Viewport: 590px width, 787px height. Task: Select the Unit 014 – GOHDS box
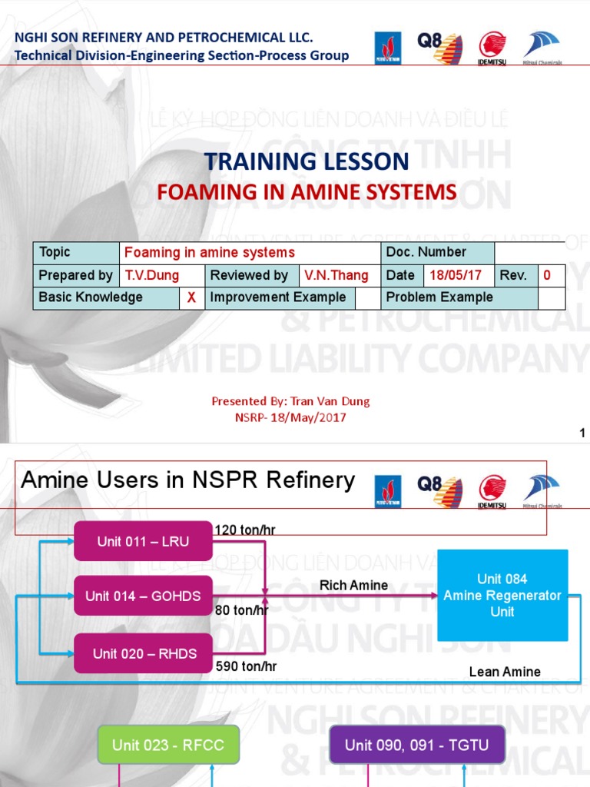tap(143, 596)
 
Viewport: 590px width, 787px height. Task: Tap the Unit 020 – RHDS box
tap(144, 654)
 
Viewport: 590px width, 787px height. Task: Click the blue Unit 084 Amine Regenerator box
tap(502, 596)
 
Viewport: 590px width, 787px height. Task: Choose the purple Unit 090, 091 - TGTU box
tap(416, 745)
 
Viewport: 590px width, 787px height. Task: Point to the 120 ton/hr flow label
tap(245, 530)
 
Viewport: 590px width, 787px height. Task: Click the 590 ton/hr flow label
tap(246, 666)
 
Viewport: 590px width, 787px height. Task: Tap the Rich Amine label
tap(353, 586)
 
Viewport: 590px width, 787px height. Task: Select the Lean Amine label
tap(505, 672)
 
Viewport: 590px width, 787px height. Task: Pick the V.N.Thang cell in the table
tap(336, 275)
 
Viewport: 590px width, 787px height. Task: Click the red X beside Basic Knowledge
tap(192, 297)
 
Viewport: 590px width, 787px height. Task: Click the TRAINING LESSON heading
tap(307, 161)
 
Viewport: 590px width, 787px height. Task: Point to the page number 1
tap(582, 433)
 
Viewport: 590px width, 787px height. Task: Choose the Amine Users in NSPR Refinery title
tap(188, 481)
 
